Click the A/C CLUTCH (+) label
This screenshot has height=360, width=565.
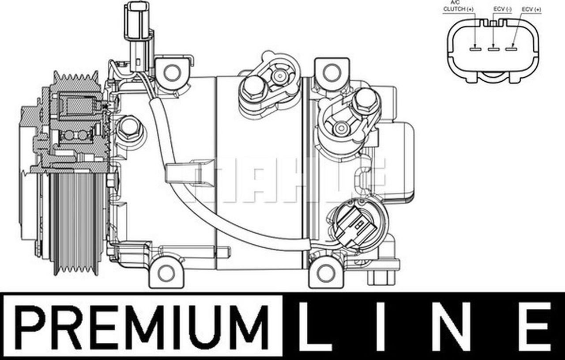(458, 7)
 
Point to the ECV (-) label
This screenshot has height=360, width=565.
(502, 9)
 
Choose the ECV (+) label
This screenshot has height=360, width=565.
(531, 9)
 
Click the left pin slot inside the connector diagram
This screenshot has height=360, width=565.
(475, 49)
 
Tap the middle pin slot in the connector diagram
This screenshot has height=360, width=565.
(493, 49)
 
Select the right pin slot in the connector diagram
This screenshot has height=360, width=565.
(511, 49)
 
